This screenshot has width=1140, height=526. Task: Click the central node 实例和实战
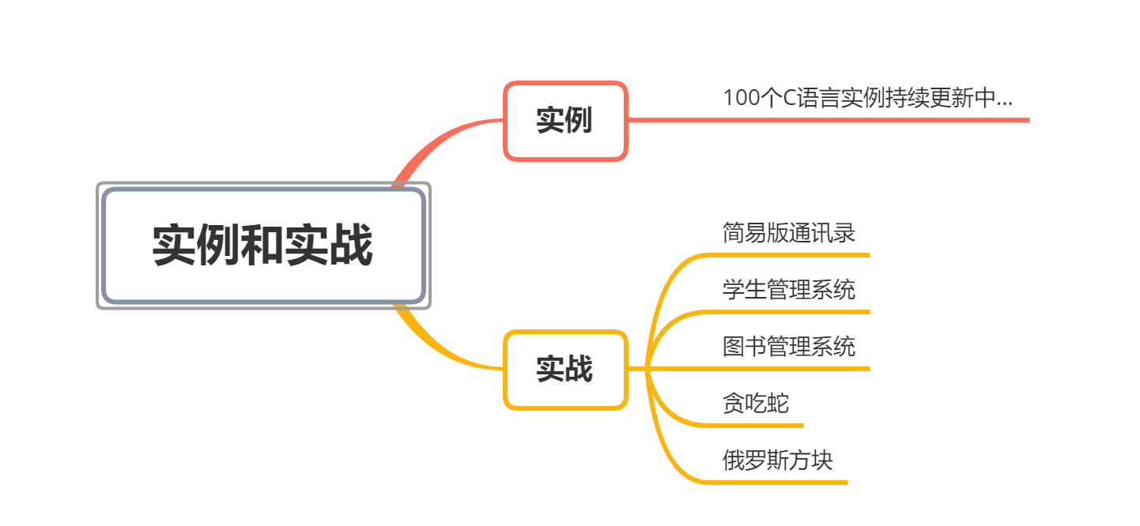coord(263,246)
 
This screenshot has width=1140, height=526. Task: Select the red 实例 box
coord(564,121)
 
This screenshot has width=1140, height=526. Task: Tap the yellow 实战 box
coord(564,369)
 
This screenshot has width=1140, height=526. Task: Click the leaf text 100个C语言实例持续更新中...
coord(867,99)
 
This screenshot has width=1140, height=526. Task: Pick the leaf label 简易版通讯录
coord(788,234)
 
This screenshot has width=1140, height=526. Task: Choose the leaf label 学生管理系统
coord(788,290)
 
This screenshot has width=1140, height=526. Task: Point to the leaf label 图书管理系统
coord(788,347)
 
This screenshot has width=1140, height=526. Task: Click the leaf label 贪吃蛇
coord(755,404)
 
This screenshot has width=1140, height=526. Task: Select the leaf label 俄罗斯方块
coord(777,460)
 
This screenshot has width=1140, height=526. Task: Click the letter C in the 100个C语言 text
coord(789,99)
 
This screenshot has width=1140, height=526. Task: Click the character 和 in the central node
coord(263,246)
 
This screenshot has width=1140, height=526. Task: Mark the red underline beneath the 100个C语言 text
coord(870,120)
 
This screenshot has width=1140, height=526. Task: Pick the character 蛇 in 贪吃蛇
coord(778,404)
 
